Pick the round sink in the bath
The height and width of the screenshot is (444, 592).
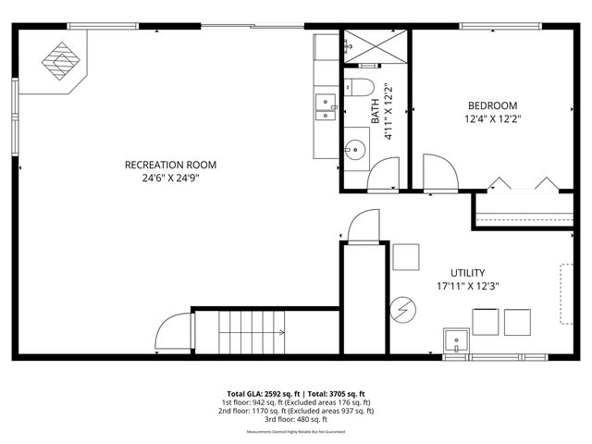point(356,147)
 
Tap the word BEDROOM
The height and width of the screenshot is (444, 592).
point(492,105)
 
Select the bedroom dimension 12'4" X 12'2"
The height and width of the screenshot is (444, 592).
point(492,119)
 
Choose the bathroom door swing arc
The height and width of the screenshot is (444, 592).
point(383,173)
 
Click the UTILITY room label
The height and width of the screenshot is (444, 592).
point(467,273)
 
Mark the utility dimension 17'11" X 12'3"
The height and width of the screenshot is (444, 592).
point(467,287)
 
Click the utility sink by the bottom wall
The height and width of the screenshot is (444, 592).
point(457,341)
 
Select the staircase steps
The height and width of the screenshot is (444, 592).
point(253,333)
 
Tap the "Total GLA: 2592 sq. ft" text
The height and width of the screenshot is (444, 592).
point(262,393)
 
